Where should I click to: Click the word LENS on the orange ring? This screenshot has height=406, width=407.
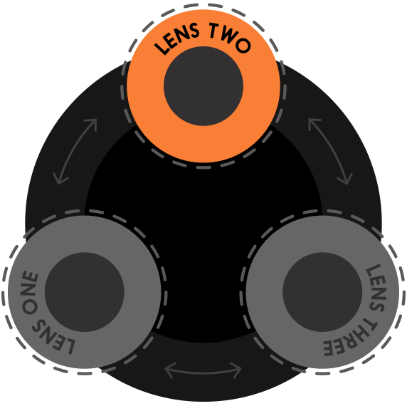(178, 38)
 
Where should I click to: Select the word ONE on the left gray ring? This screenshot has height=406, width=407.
(30, 292)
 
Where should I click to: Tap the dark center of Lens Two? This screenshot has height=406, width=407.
(203, 86)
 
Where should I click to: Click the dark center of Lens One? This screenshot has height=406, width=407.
(85, 292)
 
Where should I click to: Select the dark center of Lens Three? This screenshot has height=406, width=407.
(322, 292)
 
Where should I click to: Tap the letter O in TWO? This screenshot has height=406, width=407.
(243, 46)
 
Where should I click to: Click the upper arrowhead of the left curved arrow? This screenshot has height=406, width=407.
(92, 123)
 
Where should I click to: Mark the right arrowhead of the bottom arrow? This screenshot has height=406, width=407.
(237, 370)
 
